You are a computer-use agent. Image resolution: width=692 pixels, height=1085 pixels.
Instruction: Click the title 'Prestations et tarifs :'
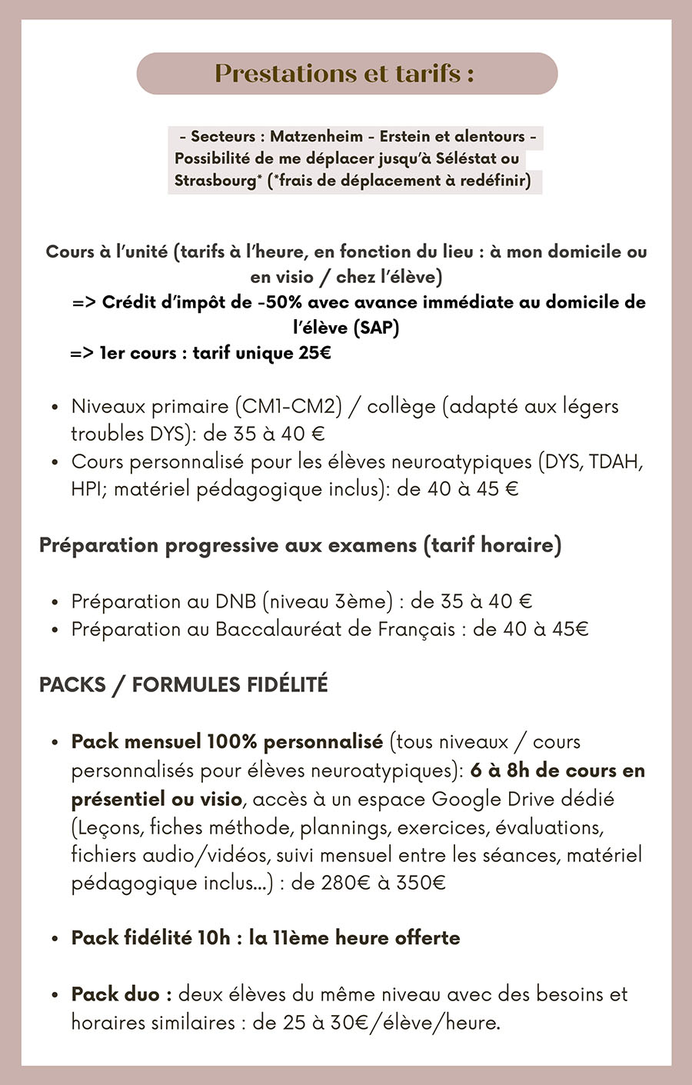[344, 73]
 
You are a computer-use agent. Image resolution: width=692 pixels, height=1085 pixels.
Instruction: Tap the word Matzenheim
[316, 136]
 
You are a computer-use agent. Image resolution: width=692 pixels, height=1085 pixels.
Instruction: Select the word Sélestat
[466, 158]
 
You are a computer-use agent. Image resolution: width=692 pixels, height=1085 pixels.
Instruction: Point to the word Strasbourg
[215, 181]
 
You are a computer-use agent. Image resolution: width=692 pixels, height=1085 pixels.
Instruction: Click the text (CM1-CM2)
[288, 406]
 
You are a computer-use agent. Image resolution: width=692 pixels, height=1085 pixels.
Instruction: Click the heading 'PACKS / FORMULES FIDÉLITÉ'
[184, 684]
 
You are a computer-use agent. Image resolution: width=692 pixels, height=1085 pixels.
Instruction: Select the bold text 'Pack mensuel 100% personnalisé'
[227, 742]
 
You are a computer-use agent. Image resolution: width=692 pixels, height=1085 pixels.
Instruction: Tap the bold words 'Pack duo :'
[121, 994]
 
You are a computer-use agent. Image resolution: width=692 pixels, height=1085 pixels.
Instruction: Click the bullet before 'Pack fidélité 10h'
[55, 939]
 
